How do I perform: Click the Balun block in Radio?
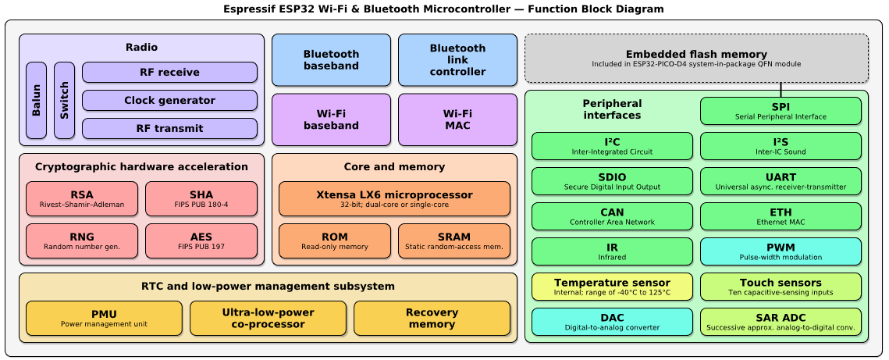click(36, 100)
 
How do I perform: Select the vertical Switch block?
click(64, 100)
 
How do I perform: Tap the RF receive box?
click(169, 73)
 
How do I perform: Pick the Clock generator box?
click(169, 101)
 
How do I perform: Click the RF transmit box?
click(169, 128)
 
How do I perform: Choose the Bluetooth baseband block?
click(331, 60)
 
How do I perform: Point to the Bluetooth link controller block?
click(457, 60)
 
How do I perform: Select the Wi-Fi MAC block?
click(457, 119)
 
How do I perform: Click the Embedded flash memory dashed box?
click(696, 58)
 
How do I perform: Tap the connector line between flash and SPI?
click(781, 90)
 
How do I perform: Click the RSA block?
click(82, 199)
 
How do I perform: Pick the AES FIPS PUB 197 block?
click(201, 241)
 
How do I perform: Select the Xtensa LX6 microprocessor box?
click(394, 198)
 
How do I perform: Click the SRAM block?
click(453, 241)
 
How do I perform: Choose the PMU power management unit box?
click(104, 318)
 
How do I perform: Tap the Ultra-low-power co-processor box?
click(268, 318)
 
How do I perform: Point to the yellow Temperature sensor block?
click(612, 287)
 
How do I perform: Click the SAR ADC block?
click(781, 322)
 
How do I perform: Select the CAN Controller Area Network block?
click(612, 216)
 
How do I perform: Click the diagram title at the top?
click(443, 9)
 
